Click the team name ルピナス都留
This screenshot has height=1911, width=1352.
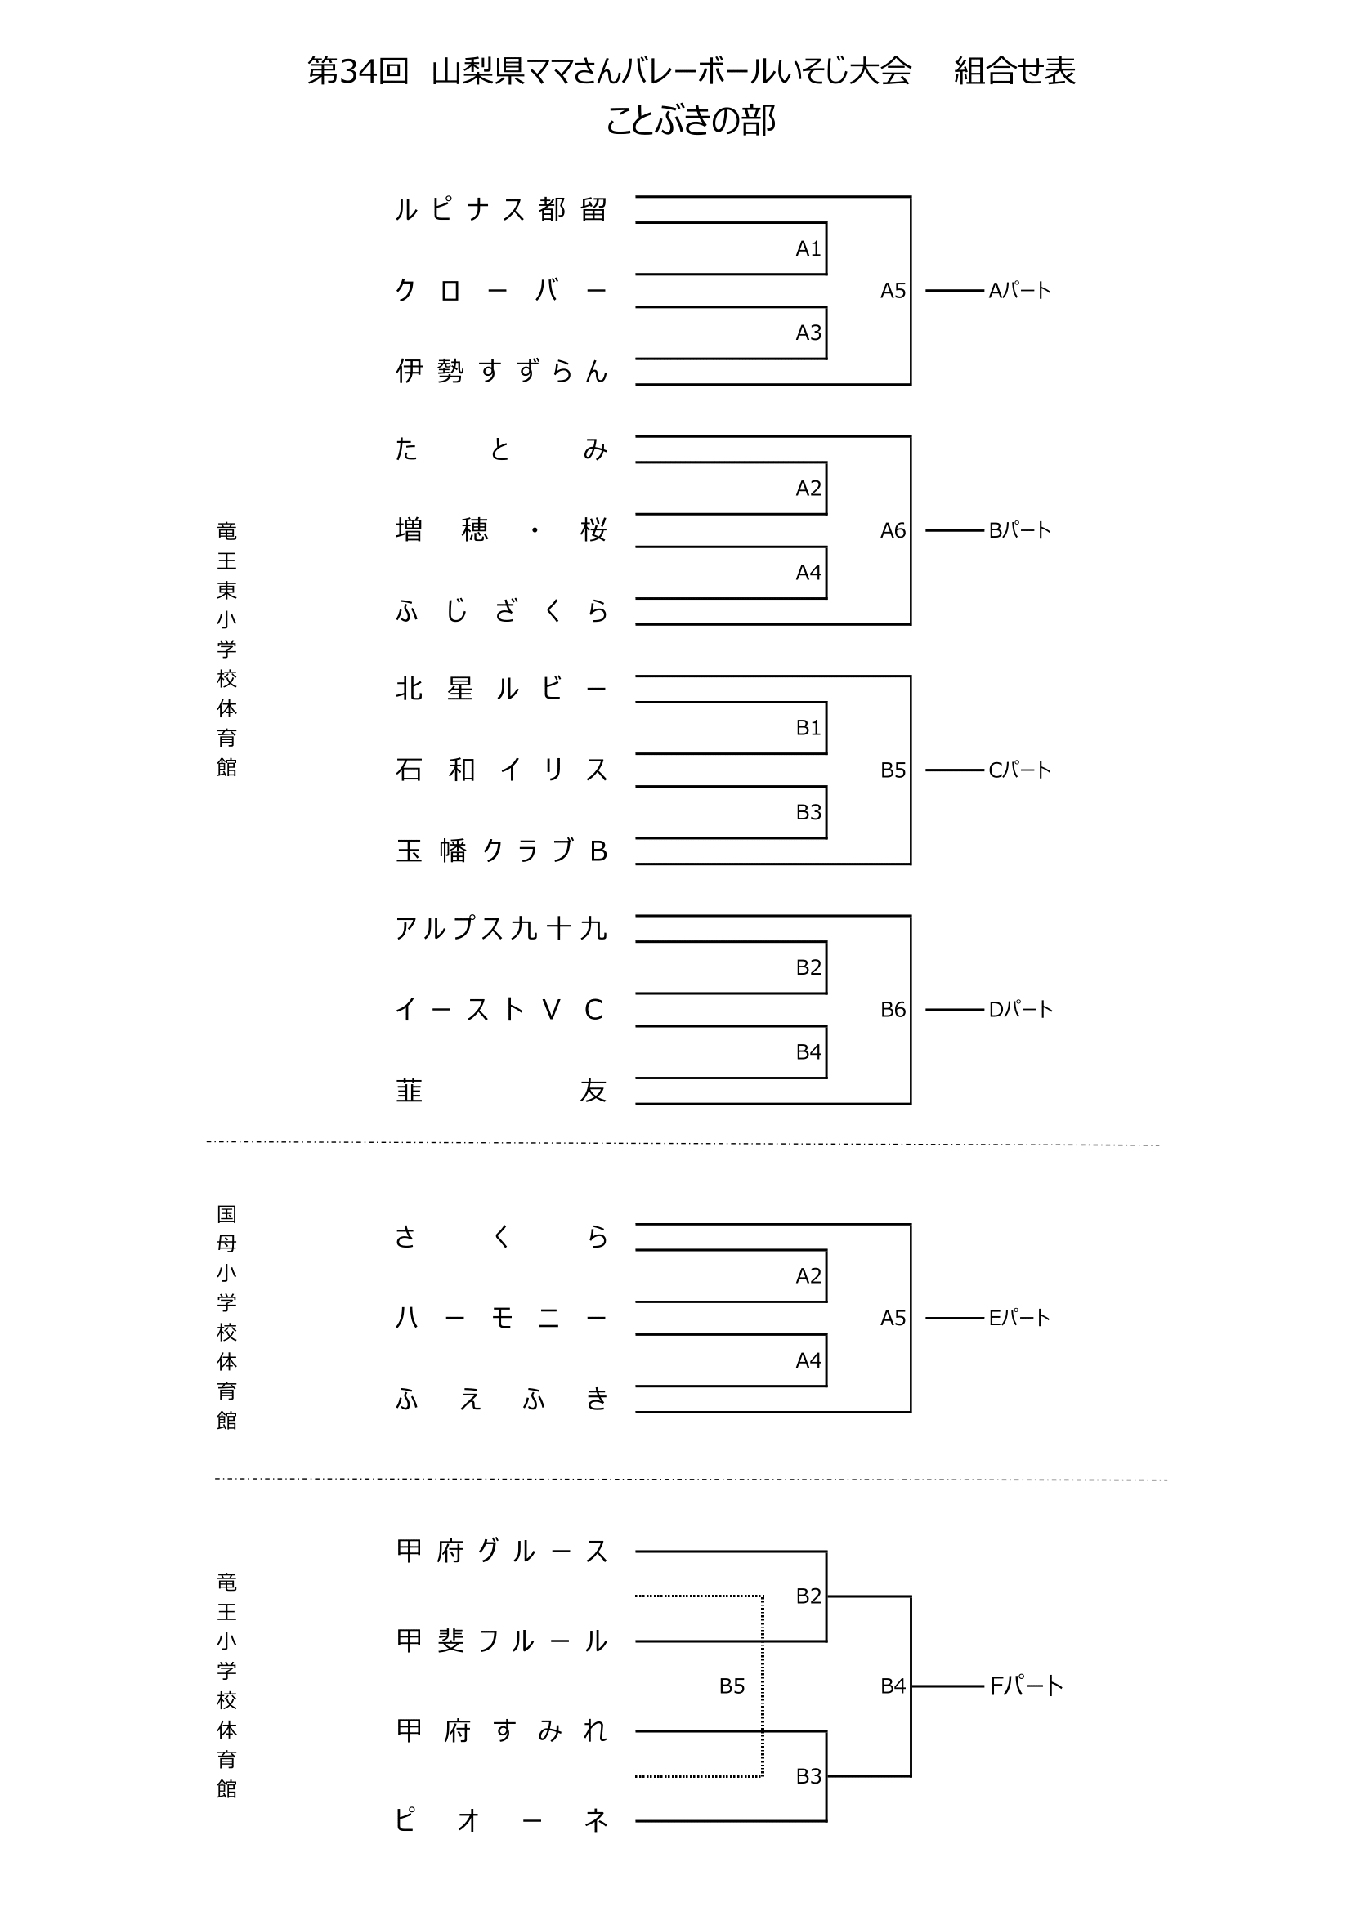click(x=500, y=209)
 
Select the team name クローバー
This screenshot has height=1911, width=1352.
click(x=500, y=291)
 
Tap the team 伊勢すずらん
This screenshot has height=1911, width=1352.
click(x=500, y=370)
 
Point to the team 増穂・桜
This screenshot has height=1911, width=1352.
click(x=500, y=530)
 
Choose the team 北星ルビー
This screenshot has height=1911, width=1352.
click(x=500, y=690)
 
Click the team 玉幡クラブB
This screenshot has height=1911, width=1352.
click(x=500, y=851)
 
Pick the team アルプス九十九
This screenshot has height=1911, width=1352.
click(x=500, y=929)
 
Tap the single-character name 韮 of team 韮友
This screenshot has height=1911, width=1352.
click(x=409, y=1091)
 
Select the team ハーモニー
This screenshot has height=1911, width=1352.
click(x=500, y=1319)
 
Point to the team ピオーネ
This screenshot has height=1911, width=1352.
click(x=500, y=1821)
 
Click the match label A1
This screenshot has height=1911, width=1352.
click(x=808, y=248)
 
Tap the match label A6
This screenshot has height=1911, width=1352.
click(x=893, y=530)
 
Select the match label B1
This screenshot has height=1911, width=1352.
click(x=808, y=727)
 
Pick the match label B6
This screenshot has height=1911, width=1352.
click(x=893, y=1010)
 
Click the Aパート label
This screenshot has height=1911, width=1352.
click(x=1020, y=291)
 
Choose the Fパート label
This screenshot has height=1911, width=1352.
click(x=1026, y=1686)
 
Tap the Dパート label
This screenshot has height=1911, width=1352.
click(x=1021, y=1010)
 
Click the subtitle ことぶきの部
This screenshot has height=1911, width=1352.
click(x=691, y=121)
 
